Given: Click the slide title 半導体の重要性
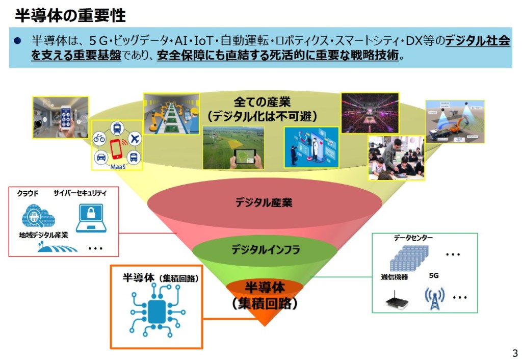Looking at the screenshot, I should pos(70,16).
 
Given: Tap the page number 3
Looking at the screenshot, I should pos(514,353).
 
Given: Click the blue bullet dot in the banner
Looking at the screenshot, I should pos(19,40).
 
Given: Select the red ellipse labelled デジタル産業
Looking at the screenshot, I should pos(264,202).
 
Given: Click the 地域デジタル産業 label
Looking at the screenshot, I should pos(44,235).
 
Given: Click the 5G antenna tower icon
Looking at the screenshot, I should pos(434,298).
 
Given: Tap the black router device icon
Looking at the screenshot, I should pos(397,302).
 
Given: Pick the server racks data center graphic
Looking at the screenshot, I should pos(407,258).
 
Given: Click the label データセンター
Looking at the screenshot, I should pos(413,238).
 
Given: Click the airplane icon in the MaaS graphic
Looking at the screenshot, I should pos(135,138).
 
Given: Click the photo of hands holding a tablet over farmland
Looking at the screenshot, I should pos(233,148).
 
